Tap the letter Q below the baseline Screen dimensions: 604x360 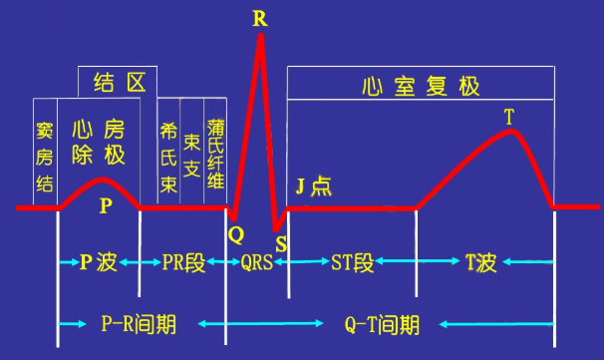click(235, 234)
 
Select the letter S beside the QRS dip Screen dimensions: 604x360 click(281, 243)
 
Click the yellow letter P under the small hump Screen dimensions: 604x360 click(106, 205)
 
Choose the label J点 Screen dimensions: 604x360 click(315, 186)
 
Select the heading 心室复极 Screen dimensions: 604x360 click(422, 85)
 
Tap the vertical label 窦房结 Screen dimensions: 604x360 click(45, 155)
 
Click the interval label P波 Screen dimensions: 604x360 click(100, 262)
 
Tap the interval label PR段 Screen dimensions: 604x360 click(183, 262)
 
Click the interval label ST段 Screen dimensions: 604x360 click(352, 262)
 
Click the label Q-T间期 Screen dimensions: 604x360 click(381, 324)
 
